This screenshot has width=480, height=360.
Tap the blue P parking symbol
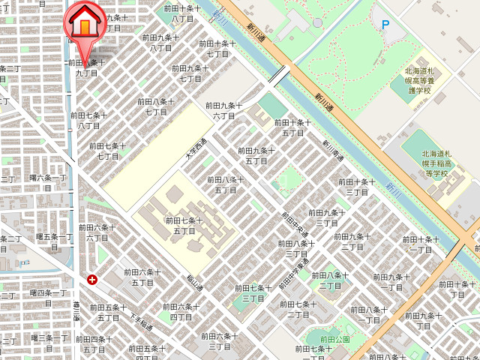point(386,24)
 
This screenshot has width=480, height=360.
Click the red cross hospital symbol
point(91,280)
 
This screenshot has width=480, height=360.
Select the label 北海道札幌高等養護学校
point(424,80)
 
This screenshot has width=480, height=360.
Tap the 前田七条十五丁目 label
point(184,226)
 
